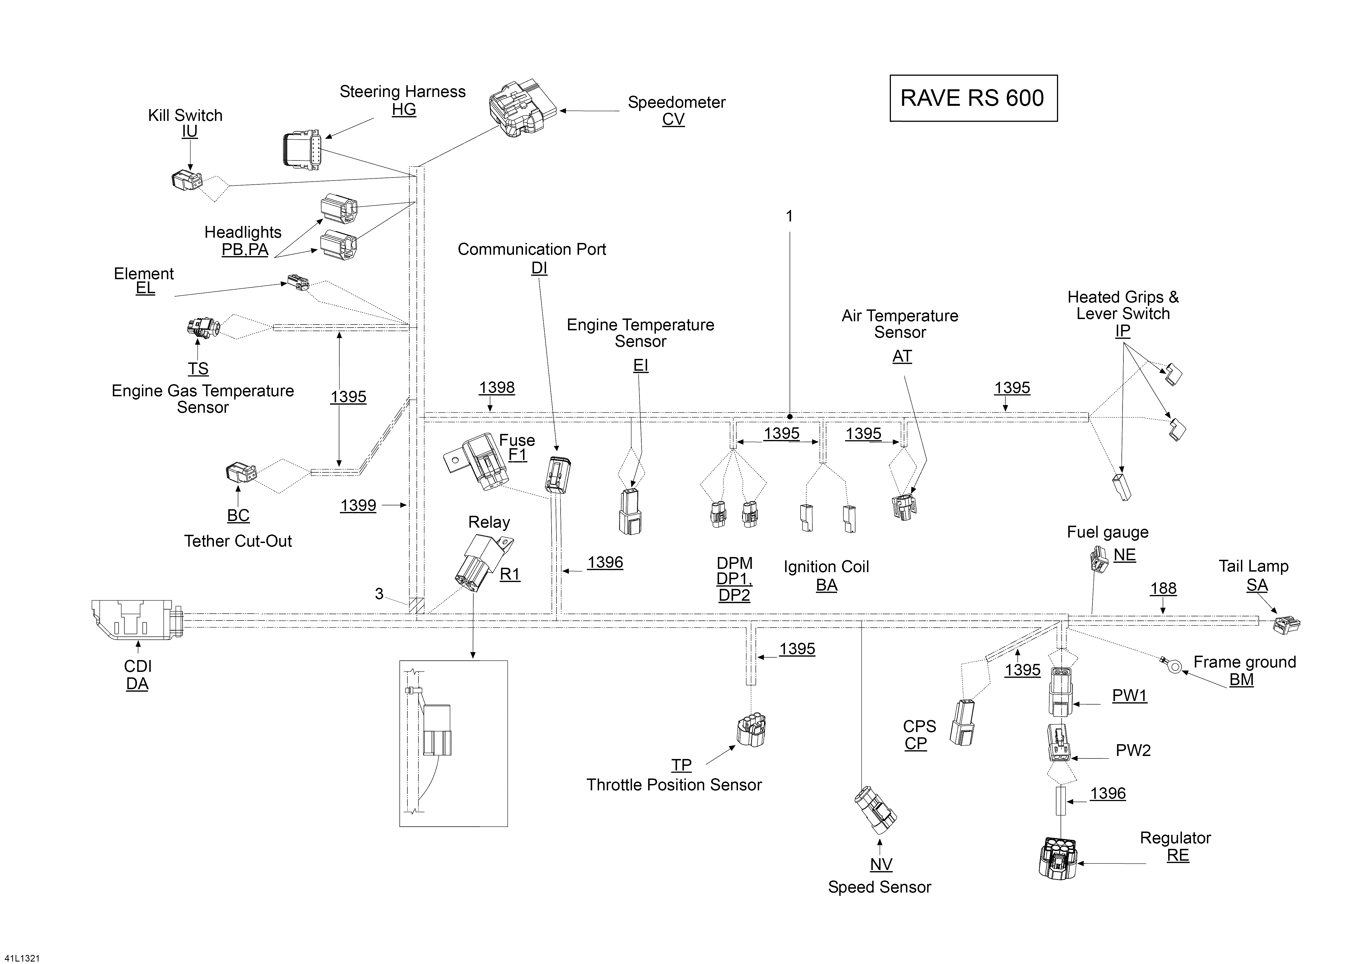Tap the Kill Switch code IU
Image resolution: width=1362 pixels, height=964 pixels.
tap(189, 131)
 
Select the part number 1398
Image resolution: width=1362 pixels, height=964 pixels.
tap(497, 388)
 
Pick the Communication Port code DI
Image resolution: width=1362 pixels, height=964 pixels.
tap(539, 268)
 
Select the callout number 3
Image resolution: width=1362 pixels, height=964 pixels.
tap(379, 594)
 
